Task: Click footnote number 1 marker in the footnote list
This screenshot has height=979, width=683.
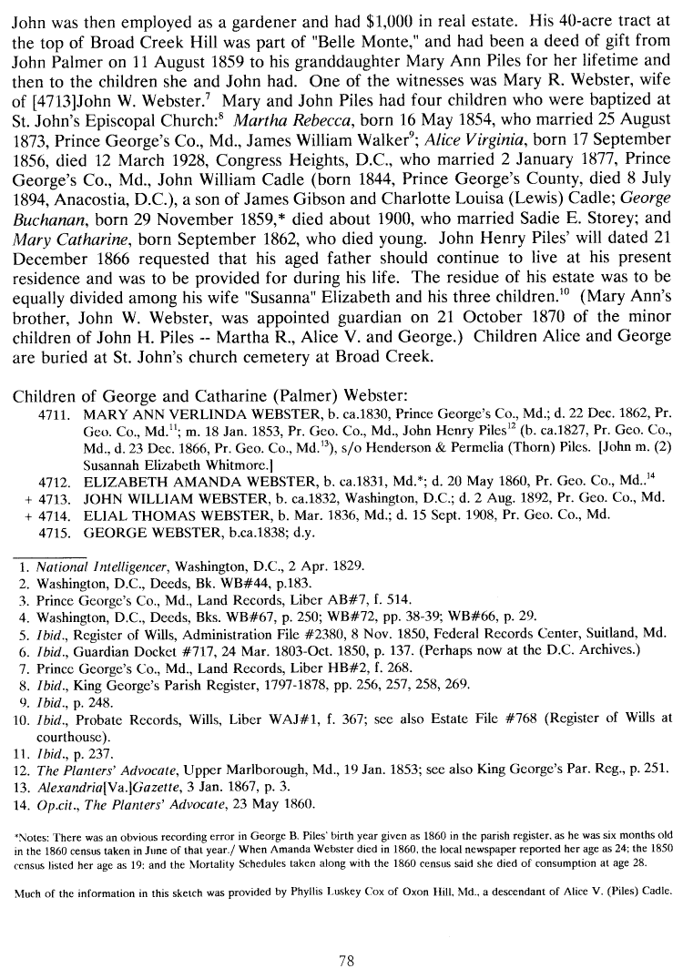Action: click(25, 566)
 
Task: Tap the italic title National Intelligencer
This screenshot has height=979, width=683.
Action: click(107, 566)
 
